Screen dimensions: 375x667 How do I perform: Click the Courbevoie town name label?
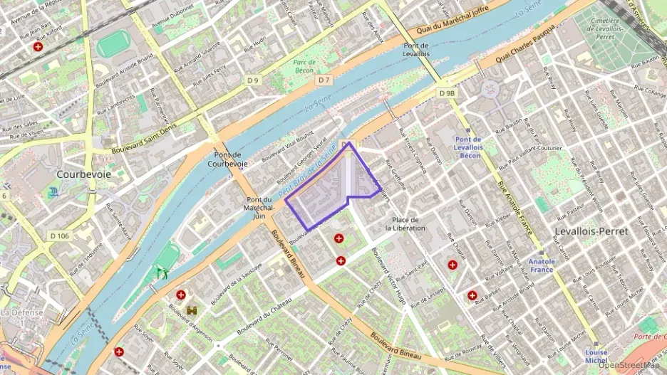coord(82,174)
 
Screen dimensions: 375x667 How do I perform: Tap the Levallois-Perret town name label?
coord(591,232)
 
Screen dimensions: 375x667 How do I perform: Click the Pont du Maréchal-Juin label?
coord(259,208)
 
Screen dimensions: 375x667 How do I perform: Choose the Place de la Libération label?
coord(405,223)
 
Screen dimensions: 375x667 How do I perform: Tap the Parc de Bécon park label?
coord(304,66)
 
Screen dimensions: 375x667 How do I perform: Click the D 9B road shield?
coord(448,93)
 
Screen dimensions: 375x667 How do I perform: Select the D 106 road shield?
coord(61,236)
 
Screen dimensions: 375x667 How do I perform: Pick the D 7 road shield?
coord(324,80)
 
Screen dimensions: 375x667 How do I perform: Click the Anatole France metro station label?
coord(542,265)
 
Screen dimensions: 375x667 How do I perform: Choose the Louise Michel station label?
coord(596,356)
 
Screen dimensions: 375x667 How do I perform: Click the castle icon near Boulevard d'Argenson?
coord(192,311)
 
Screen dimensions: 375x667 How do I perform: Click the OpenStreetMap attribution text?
coord(630,366)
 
